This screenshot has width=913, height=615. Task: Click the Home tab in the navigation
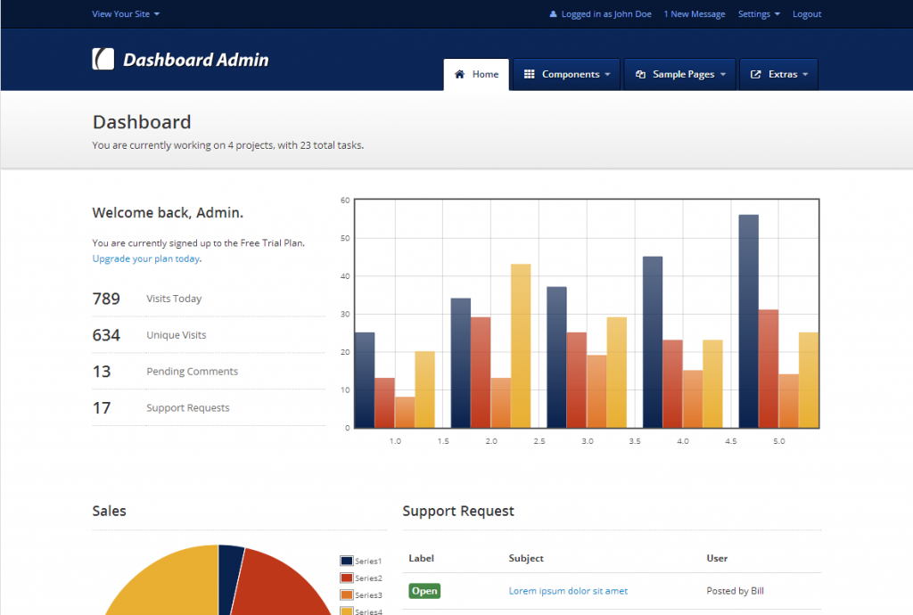[476, 75]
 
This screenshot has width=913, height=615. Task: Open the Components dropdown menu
[566, 75]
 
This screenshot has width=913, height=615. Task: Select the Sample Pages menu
[679, 75]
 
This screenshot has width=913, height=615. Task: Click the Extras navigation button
[778, 75]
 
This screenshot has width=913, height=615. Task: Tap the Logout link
[807, 14]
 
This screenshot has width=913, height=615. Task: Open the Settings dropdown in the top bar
[758, 14]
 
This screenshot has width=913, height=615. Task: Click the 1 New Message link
[695, 14]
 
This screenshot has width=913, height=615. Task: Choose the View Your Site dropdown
[126, 14]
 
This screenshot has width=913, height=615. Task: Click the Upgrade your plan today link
[146, 258]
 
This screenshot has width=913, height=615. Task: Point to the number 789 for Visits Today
[106, 299]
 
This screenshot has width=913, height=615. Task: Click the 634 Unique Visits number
[106, 335]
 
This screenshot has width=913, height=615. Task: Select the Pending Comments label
[192, 372]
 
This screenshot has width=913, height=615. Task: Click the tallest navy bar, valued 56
[748, 321]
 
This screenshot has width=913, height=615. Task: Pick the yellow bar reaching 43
[520, 346]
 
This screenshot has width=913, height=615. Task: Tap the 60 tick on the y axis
[345, 201]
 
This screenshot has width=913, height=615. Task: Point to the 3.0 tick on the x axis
[588, 441]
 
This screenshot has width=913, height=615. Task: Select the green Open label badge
[424, 591]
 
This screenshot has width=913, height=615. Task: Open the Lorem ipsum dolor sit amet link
[568, 591]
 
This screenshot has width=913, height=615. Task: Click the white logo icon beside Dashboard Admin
[103, 59]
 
